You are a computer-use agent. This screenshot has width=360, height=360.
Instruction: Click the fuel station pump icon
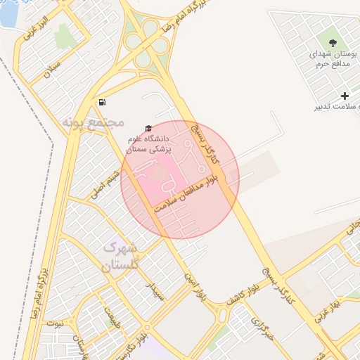coord(103,102)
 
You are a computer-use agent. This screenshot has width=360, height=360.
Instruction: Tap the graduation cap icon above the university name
coord(148,128)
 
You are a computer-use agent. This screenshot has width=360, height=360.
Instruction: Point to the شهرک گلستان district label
coord(121,257)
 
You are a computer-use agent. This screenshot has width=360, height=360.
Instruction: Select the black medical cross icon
coord(345,96)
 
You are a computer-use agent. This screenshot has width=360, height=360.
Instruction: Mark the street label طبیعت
coord(111,319)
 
